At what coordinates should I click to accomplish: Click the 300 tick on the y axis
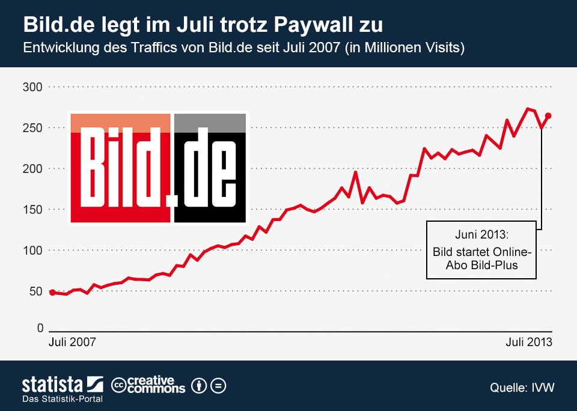coord(33,87)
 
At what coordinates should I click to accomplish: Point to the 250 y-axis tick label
coord(33,128)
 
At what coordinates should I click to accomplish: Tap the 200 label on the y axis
coord(33,169)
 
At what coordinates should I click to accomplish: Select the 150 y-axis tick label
coord(33,210)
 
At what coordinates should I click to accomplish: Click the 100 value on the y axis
coord(33,251)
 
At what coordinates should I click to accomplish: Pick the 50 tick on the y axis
coord(36,291)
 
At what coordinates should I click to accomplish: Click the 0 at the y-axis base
coord(40,328)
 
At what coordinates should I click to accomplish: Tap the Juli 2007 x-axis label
coord(72,342)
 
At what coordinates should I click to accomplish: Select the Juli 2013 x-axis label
coord(528,342)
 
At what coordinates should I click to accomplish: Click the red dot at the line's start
coord(52,293)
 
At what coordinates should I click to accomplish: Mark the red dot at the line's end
coord(548,116)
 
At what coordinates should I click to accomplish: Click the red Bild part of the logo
coord(120,168)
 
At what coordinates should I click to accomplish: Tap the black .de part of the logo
coord(210,168)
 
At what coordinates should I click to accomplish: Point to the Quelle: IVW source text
coord(522,388)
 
